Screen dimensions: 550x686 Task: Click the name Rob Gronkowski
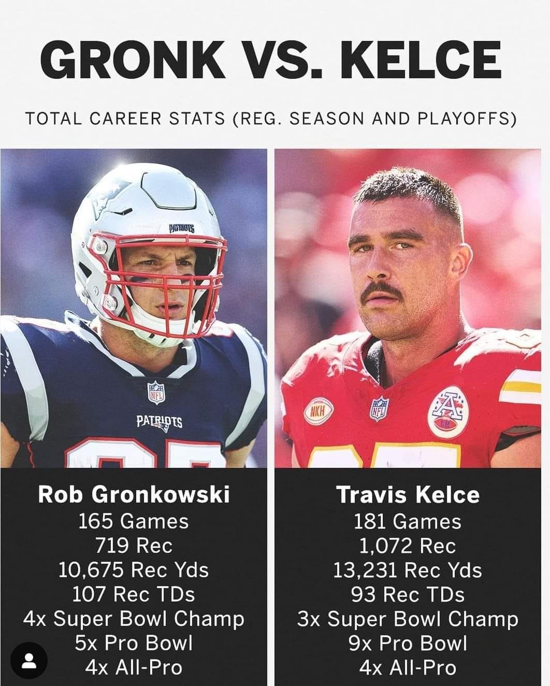134,495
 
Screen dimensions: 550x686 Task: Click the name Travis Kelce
409,495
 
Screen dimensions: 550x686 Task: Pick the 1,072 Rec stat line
408,546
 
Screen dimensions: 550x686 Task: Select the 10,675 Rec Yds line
134,569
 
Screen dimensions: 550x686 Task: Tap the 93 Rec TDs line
408,594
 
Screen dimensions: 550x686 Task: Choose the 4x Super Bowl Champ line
134,619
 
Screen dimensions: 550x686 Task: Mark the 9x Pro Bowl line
408,643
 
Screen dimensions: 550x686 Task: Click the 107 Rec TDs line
134,594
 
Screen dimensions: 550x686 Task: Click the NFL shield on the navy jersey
156,392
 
